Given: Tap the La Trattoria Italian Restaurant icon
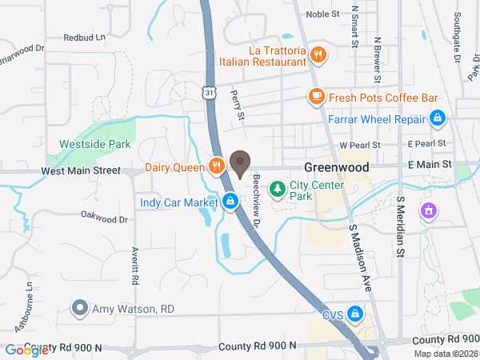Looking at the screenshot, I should [x=318, y=55].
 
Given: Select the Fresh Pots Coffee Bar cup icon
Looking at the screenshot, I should [x=316, y=97].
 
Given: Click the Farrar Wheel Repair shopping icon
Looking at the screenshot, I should [x=437, y=119].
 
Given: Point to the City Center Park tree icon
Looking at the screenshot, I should [x=277, y=190].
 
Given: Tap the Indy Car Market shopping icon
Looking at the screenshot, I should [x=230, y=201].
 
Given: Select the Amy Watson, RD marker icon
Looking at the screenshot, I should [x=79, y=308].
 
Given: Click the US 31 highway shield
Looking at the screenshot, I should [x=207, y=94].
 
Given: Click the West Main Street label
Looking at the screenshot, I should [x=80, y=170].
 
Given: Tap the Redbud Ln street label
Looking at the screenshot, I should [x=84, y=38].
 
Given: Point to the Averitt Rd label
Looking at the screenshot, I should [x=135, y=267].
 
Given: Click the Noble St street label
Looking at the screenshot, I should [x=322, y=14].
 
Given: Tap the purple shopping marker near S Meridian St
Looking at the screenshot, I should [x=429, y=210].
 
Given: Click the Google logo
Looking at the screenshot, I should [x=26, y=350].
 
